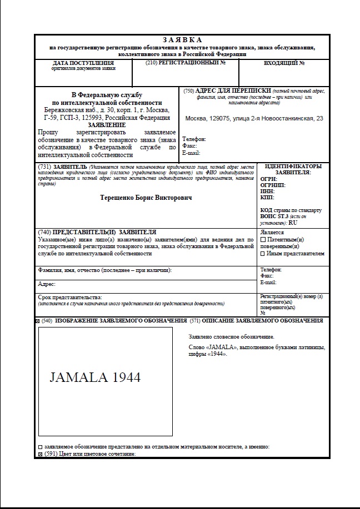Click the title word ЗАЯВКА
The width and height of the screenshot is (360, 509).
[x=183, y=40]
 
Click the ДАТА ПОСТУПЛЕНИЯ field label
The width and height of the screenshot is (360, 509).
[x=83, y=63]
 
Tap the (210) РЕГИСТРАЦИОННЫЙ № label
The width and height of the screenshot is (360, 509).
[x=185, y=63]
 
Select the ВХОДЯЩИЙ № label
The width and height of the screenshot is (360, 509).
[x=284, y=63]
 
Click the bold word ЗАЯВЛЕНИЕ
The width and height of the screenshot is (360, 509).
[x=107, y=125]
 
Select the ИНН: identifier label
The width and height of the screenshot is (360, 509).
[x=267, y=190]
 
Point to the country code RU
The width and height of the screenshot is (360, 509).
[x=293, y=223]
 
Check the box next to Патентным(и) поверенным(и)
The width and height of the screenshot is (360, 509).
[x=263, y=239]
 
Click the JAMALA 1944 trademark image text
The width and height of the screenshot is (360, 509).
[x=95, y=377]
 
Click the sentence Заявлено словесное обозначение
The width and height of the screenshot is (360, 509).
[x=232, y=337]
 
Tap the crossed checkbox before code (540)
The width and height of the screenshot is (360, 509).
[x=37, y=321]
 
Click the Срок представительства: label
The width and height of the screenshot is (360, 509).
[x=70, y=298]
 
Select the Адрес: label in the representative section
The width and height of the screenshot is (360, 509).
[x=47, y=284]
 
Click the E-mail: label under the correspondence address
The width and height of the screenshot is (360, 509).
[x=191, y=153]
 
